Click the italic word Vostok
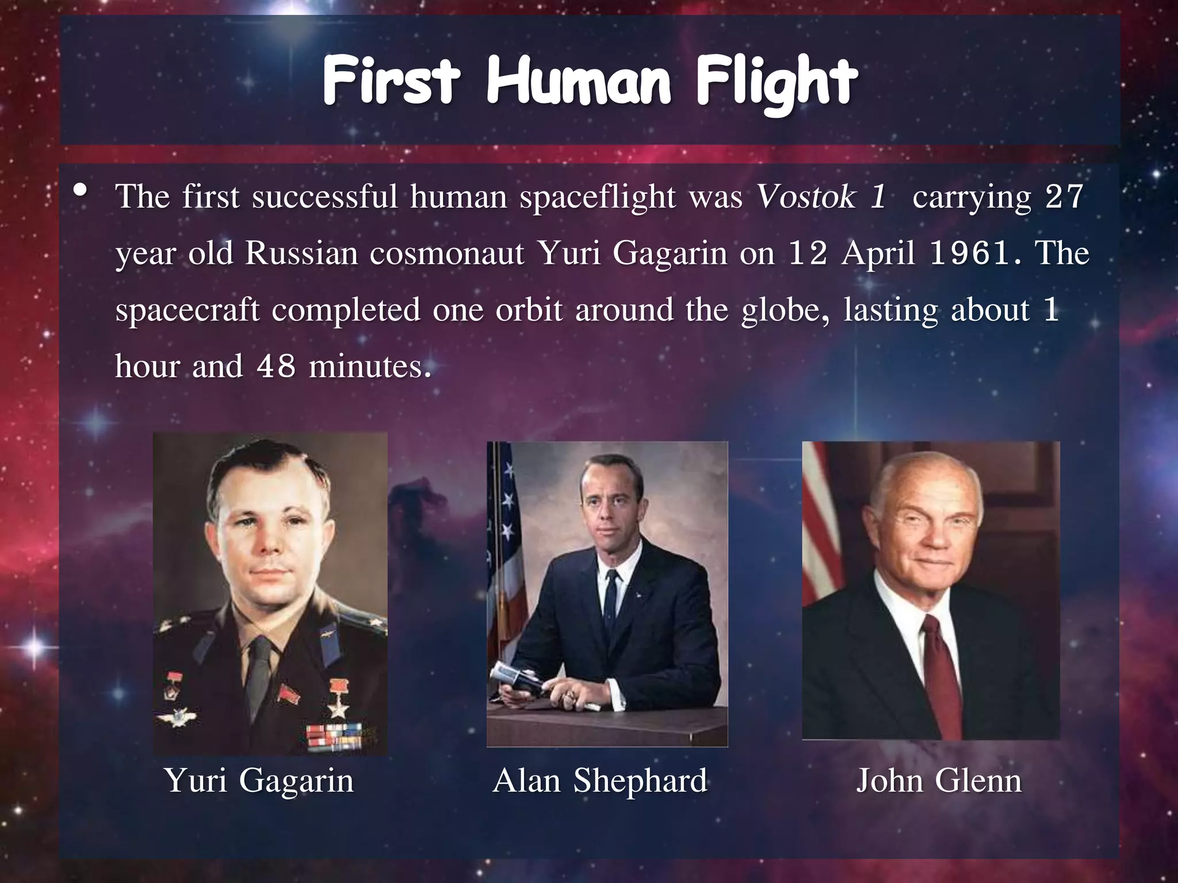click(807, 197)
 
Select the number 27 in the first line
click(1064, 197)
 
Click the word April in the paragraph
click(878, 254)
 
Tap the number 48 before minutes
click(277, 366)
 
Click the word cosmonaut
click(447, 254)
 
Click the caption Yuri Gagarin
click(259, 781)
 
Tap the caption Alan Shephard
click(600, 781)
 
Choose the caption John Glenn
click(939, 781)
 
